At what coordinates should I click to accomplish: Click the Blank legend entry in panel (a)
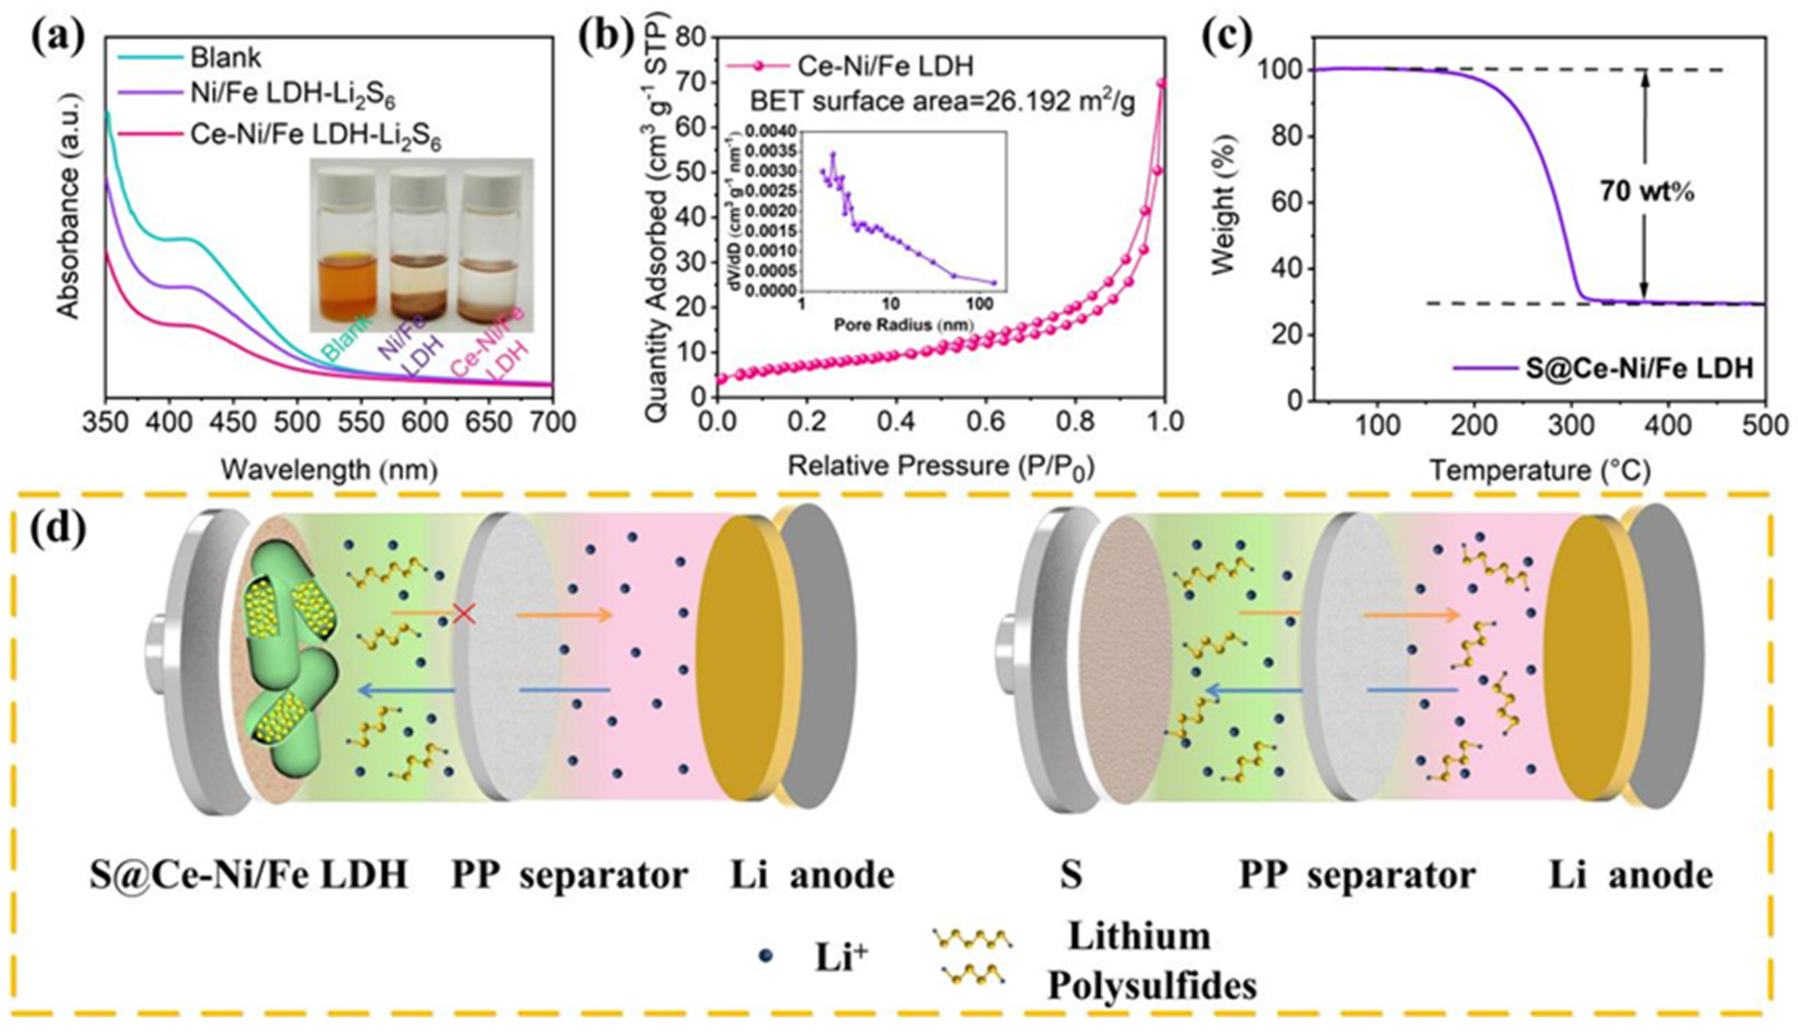[226, 57]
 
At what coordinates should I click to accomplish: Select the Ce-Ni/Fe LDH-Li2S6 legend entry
[315, 136]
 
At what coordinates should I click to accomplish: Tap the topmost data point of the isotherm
[1161, 83]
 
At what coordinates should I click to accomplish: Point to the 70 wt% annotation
[1646, 191]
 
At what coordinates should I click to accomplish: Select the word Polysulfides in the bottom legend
[1153, 985]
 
